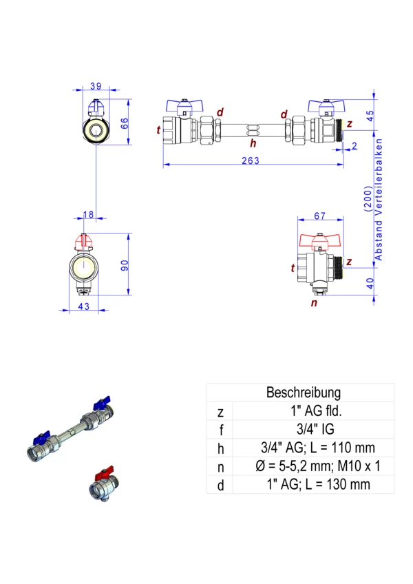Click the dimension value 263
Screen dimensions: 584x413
tap(251, 160)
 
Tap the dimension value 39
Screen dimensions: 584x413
tap(96, 86)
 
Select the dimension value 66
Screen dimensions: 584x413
tap(125, 123)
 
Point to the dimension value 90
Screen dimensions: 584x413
tap(125, 264)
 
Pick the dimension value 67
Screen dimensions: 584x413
tap(319, 216)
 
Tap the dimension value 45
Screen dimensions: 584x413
tap(370, 115)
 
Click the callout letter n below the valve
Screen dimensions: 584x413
tap(314, 302)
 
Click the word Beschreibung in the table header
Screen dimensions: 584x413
tap(304, 393)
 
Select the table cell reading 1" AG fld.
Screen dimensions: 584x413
tap(304, 412)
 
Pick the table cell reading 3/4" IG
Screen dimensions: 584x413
tap(304, 430)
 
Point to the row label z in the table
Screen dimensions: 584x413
tap(220, 412)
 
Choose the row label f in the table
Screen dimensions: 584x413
tap(220, 430)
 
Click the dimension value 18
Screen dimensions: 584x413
tap(88, 216)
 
